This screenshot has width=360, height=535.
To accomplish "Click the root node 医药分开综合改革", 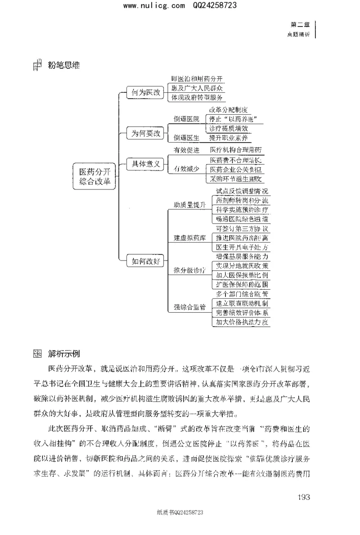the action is tap(94, 177).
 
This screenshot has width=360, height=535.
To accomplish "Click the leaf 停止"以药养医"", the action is tap(234, 119).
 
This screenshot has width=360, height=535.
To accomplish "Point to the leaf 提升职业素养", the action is tap(228, 138).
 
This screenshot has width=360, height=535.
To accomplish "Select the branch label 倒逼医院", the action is tap(186, 119).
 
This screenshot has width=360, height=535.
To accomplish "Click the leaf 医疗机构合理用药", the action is tap(236, 150).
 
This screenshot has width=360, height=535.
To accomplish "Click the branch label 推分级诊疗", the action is tap(189, 270).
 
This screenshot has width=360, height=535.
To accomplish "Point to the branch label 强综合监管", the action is tap(189, 307).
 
